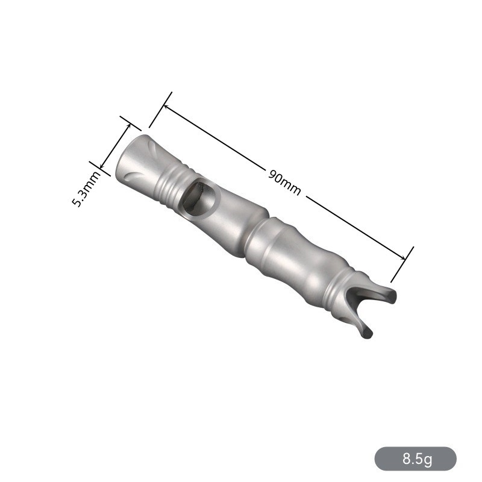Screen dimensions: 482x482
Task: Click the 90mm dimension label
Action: pyautogui.click(x=284, y=183)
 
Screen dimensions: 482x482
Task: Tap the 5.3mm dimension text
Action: pyautogui.click(x=86, y=189)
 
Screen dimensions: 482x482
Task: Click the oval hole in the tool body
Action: pyautogui.click(x=200, y=198)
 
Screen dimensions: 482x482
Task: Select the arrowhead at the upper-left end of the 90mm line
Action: pyautogui.click(x=167, y=108)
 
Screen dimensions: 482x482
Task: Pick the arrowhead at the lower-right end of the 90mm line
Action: pyautogui.click(x=402, y=257)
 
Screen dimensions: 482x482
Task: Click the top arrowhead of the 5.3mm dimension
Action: pyautogui.click(x=128, y=127)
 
